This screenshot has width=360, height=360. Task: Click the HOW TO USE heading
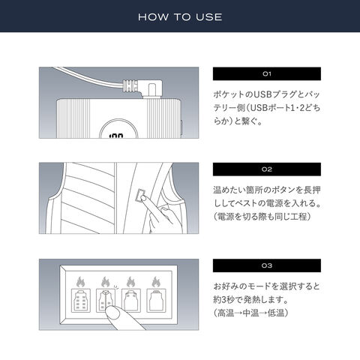(x=180, y=17)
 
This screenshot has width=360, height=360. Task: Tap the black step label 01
(x=267, y=73)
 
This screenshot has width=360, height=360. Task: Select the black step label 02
(x=267, y=169)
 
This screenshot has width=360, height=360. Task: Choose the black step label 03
(x=267, y=265)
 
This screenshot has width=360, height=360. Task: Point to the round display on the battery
(x=118, y=129)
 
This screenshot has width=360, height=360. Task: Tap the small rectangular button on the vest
(x=141, y=196)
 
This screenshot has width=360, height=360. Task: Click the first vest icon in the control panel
(x=81, y=300)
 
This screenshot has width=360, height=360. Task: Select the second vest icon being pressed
(x=106, y=300)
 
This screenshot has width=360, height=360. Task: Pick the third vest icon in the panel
(x=131, y=300)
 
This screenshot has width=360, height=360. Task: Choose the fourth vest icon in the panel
(x=156, y=300)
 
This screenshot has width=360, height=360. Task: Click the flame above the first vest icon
(x=80, y=282)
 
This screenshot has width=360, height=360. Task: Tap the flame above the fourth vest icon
(x=156, y=282)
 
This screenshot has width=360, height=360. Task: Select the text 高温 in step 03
(x=226, y=313)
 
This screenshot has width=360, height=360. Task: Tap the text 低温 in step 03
(x=276, y=313)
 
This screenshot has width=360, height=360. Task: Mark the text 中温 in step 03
(x=250, y=313)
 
